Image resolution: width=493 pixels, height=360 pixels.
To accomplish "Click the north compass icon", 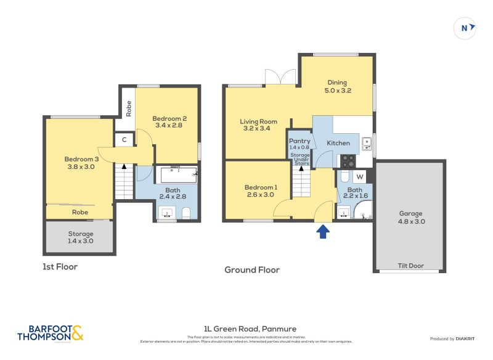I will pos(465,27).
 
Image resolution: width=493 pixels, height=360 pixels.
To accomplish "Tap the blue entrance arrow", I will pos(323,232).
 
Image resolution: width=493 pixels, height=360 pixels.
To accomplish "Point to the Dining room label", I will pos(337,86).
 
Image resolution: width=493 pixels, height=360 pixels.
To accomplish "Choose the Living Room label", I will pos(258,125).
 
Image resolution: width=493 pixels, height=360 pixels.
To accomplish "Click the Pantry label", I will pos(299,144).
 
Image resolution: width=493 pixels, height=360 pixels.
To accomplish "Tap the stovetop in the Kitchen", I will pos(348,160).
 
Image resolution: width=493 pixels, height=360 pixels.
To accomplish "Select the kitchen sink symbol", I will pos(366,144).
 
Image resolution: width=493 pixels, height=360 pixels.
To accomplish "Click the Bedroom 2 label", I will pos(169,121).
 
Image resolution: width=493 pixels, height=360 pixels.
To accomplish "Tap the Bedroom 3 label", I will pos(81,162).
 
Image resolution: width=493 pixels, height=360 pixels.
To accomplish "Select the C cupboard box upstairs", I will pos(124,140).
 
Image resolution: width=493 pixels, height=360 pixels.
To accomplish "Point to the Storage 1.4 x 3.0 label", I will pos(81,237).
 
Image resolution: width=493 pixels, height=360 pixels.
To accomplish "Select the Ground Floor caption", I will pos(252,270).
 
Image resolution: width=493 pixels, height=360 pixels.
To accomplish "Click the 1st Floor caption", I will pos(60,267).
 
